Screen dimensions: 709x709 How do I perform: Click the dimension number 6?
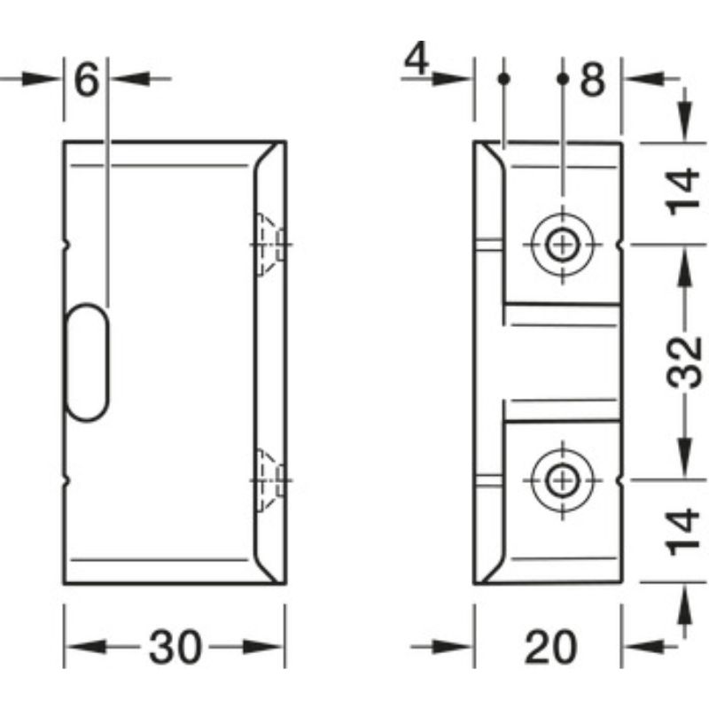pyautogui.click(x=86, y=82)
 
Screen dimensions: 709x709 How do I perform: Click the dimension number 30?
pyautogui.click(x=175, y=646)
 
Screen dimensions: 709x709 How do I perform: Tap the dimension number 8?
pyautogui.click(x=592, y=82)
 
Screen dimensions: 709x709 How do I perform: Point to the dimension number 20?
pyautogui.click(x=549, y=646)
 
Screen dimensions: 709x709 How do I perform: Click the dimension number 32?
pyautogui.click(x=685, y=362)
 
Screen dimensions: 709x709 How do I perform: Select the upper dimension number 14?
pyautogui.click(x=685, y=192)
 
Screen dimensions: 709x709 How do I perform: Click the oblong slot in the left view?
pyautogui.click(x=88, y=360)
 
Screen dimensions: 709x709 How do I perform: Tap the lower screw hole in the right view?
pyautogui.click(x=560, y=479)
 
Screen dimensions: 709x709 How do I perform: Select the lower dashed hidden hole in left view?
pyautogui.click(x=267, y=479)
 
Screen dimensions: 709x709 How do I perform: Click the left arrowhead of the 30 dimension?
pyautogui.click(x=78, y=646)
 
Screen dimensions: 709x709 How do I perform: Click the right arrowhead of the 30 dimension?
pyautogui.click(x=270, y=646)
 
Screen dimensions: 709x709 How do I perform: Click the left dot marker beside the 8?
pyautogui.click(x=503, y=79)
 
